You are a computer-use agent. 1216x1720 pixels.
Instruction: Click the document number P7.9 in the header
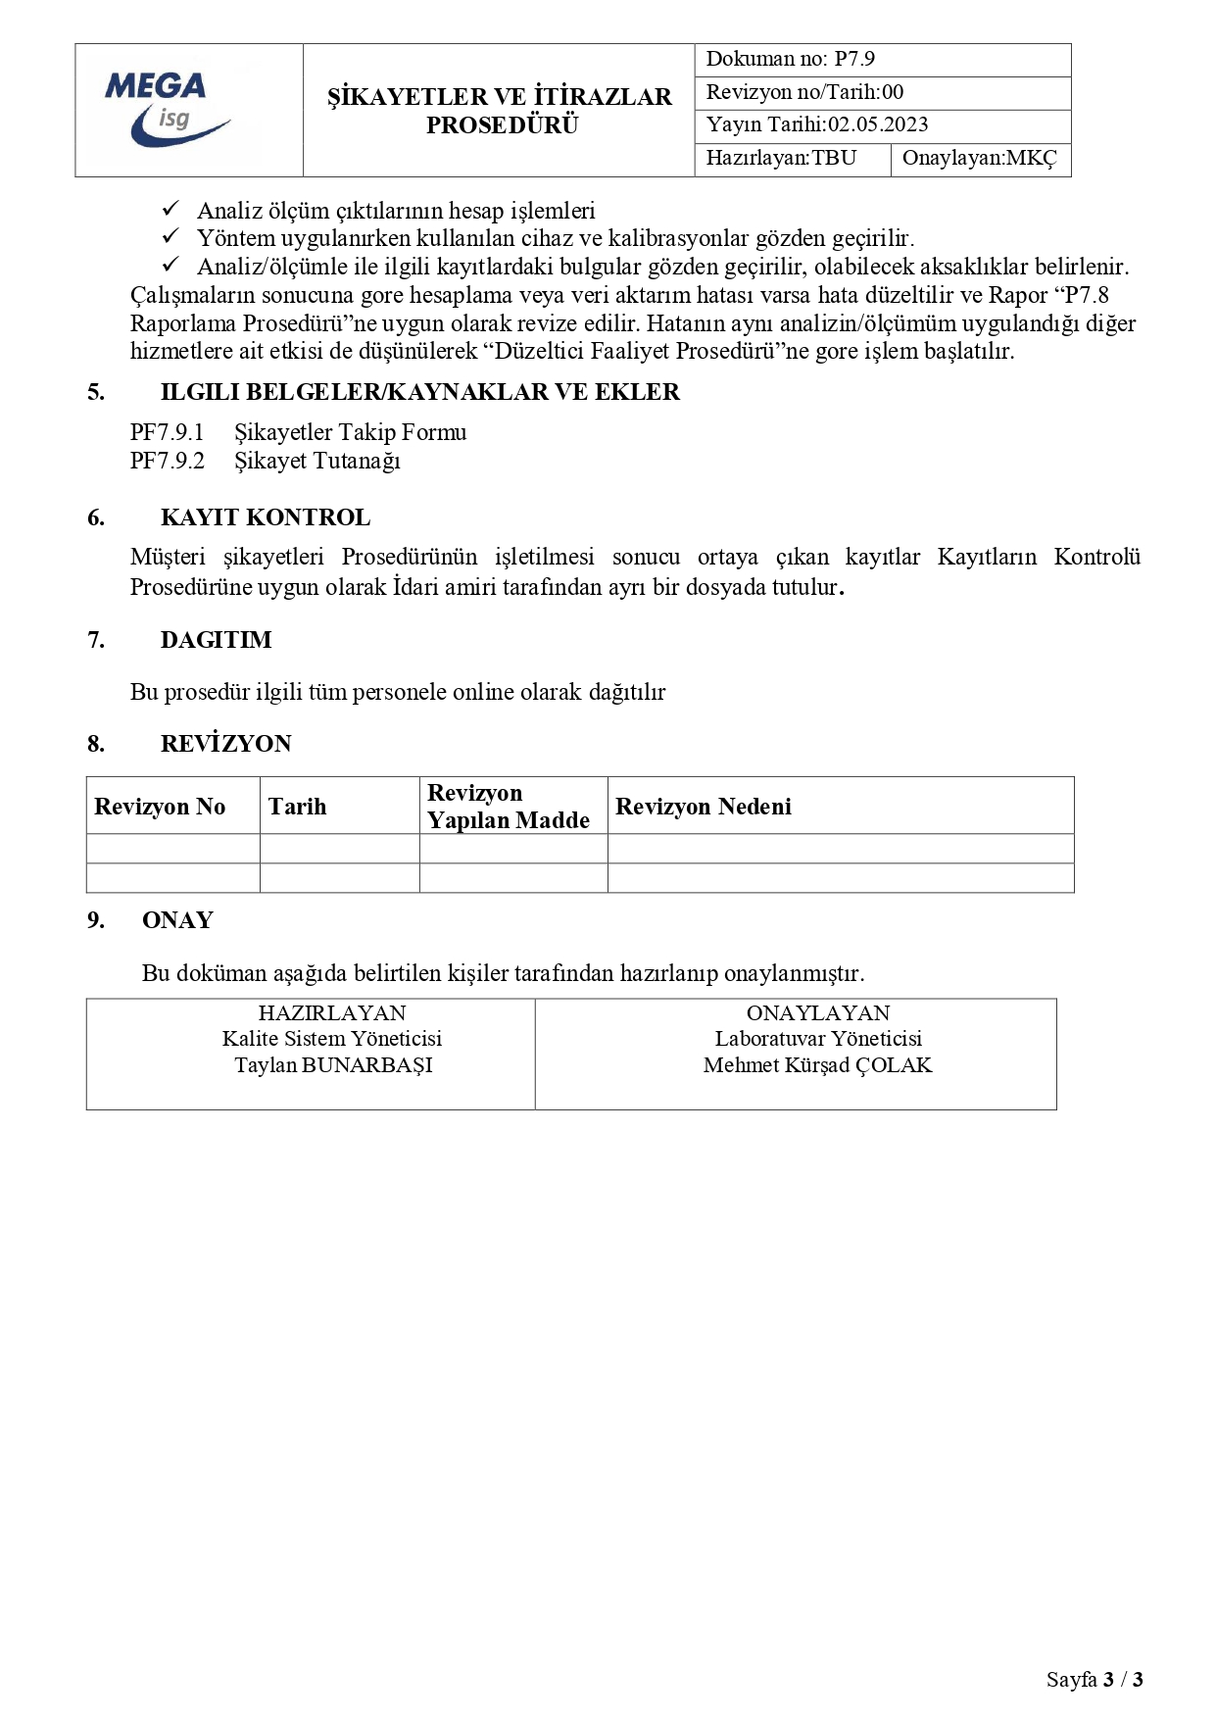click(x=853, y=59)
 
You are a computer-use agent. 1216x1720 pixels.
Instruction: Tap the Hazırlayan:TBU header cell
click(x=781, y=159)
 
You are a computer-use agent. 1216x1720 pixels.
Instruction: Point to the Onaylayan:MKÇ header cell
click(x=979, y=159)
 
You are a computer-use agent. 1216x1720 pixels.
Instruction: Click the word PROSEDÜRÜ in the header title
click(x=502, y=125)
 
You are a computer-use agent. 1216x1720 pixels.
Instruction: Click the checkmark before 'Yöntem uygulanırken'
click(x=170, y=237)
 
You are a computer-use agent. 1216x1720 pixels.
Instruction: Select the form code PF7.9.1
click(x=167, y=432)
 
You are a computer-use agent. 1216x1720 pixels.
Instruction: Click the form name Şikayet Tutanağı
click(x=316, y=461)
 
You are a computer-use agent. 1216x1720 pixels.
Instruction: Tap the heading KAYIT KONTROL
click(x=266, y=517)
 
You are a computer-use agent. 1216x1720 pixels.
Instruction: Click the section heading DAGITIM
click(x=216, y=640)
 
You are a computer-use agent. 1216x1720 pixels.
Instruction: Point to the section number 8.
click(x=95, y=744)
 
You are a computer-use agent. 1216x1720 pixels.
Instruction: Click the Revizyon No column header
click(x=160, y=807)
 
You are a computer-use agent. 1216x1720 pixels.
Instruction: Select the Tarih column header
click(x=297, y=807)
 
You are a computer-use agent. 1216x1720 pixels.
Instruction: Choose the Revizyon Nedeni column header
click(x=703, y=807)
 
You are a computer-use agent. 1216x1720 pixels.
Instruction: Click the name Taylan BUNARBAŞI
click(x=333, y=1065)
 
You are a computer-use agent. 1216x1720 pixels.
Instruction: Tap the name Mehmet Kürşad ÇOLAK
click(x=817, y=1065)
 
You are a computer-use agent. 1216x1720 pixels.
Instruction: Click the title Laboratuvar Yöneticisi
click(x=817, y=1039)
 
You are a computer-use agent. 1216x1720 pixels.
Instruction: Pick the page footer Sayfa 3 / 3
click(x=1094, y=1680)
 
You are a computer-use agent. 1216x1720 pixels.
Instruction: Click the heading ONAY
click(x=177, y=920)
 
